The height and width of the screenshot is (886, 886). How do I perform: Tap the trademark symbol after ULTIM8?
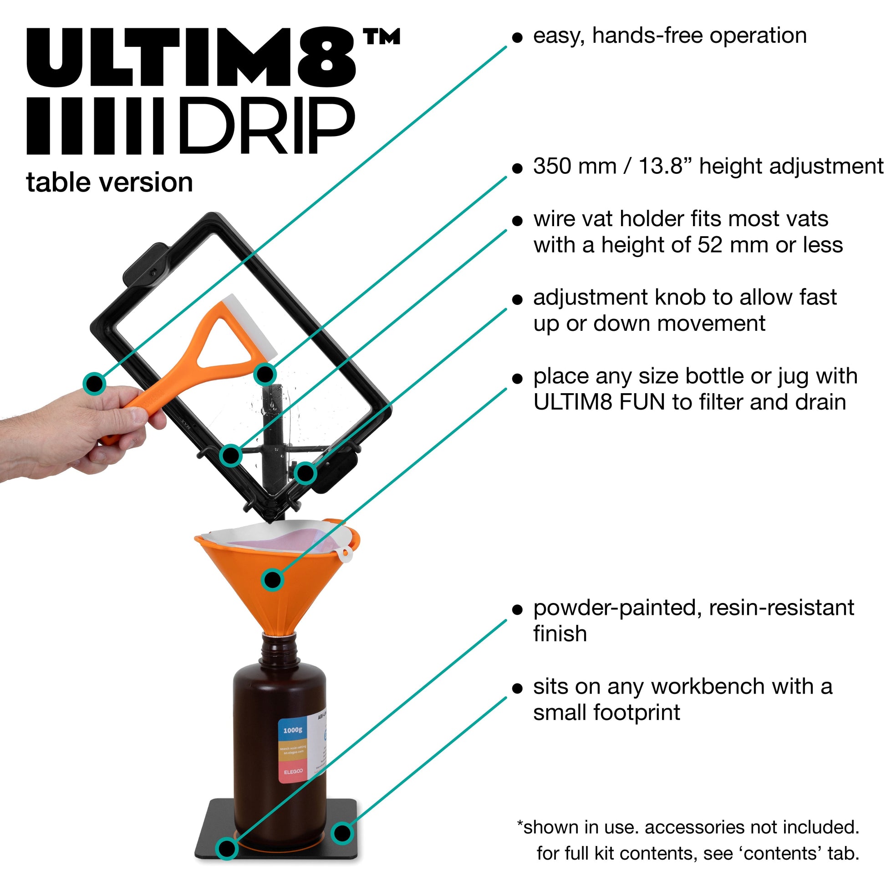(381, 37)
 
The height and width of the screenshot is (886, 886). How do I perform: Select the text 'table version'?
(110, 182)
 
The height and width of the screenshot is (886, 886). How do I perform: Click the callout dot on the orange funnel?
(273, 580)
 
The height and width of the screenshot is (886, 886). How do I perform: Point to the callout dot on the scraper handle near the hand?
(94, 383)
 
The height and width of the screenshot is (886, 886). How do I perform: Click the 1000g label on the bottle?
(292, 729)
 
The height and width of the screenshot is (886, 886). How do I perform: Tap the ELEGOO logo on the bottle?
(293, 772)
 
